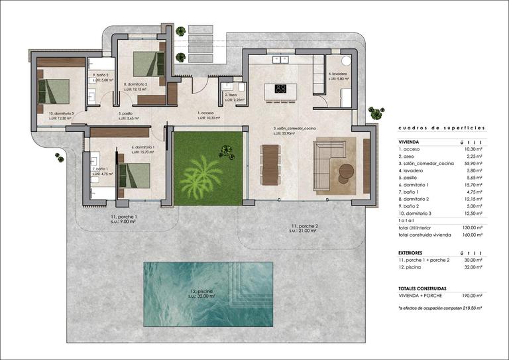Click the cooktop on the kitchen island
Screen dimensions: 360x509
[x=280, y=88]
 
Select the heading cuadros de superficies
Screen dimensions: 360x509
[x=441, y=127]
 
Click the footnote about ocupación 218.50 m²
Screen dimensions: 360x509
[x=440, y=308]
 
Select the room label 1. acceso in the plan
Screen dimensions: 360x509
[x=206, y=113]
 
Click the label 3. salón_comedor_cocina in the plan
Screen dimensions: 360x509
[x=294, y=129]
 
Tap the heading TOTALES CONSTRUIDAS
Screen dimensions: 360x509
[x=423, y=288]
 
